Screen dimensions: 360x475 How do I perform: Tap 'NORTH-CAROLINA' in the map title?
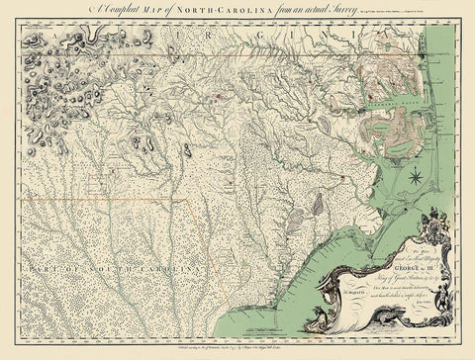pos(224,8)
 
